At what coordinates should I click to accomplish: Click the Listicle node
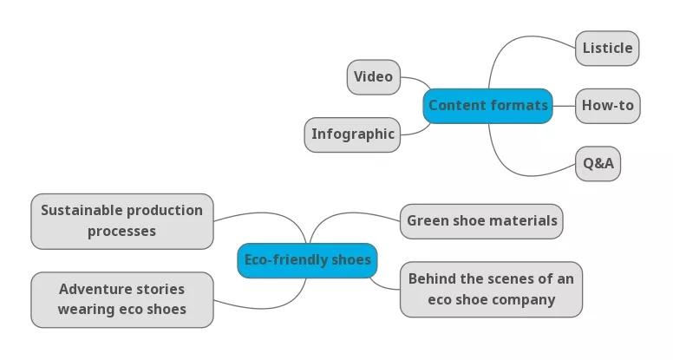pos(607,49)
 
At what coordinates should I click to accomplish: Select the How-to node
pos(607,106)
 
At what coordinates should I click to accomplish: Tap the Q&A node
pos(598,163)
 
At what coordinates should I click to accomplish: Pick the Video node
pos(373,77)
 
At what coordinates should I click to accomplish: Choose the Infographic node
pos(352,134)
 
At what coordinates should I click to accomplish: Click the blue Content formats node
pos(487,106)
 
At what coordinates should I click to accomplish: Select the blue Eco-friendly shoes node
pos(307,260)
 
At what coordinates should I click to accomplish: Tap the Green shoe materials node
pos(481,221)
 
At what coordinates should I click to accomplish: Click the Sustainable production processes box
pos(121,221)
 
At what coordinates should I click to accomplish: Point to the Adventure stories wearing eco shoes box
pos(121,299)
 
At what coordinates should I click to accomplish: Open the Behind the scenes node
pos(491,290)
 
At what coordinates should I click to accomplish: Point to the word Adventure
pos(95,289)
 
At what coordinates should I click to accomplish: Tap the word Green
pos(427,221)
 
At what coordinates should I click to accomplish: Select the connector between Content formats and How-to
pos(564,106)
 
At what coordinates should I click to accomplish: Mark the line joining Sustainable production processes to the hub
pos(260,213)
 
